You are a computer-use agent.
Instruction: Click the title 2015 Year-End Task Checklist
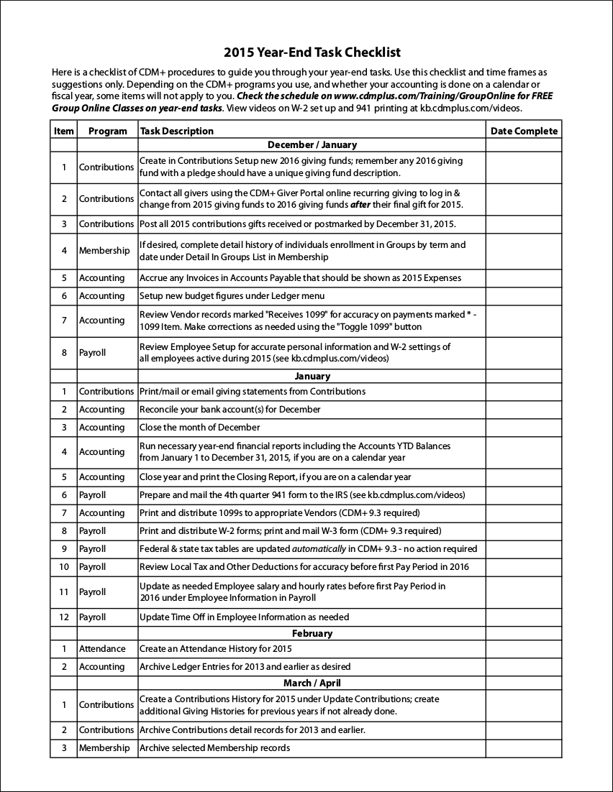pyautogui.click(x=312, y=52)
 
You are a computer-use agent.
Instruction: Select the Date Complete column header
pyautogui.click(x=523, y=131)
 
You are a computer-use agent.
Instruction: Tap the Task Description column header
pyautogui.click(x=177, y=131)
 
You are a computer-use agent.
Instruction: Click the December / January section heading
pyautogui.click(x=312, y=144)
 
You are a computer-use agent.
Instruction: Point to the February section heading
pyautogui.click(x=312, y=633)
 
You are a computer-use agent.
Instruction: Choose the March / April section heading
pyautogui.click(x=312, y=683)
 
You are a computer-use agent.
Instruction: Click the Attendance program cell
pyautogui.click(x=102, y=648)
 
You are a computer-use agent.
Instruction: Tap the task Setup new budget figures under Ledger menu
pyautogui.click(x=232, y=295)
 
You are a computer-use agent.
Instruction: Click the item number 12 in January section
pyautogui.click(x=63, y=617)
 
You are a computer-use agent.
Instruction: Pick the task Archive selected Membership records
pyautogui.click(x=214, y=747)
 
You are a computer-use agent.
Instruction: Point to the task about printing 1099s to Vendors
pyautogui.click(x=279, y=512)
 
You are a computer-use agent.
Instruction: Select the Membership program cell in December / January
pyautogui.click(x=104, y=251)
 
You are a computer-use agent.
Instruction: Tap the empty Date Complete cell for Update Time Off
pyautogui.click(x=523, y=617)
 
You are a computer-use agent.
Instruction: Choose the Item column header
pyautogui.click(x=63, y=131)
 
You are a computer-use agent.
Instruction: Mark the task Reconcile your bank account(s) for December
pyautogui.click(x=230, y=409)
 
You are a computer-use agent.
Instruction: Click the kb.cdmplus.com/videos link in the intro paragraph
pyautogui.click(x=470, y=108)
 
